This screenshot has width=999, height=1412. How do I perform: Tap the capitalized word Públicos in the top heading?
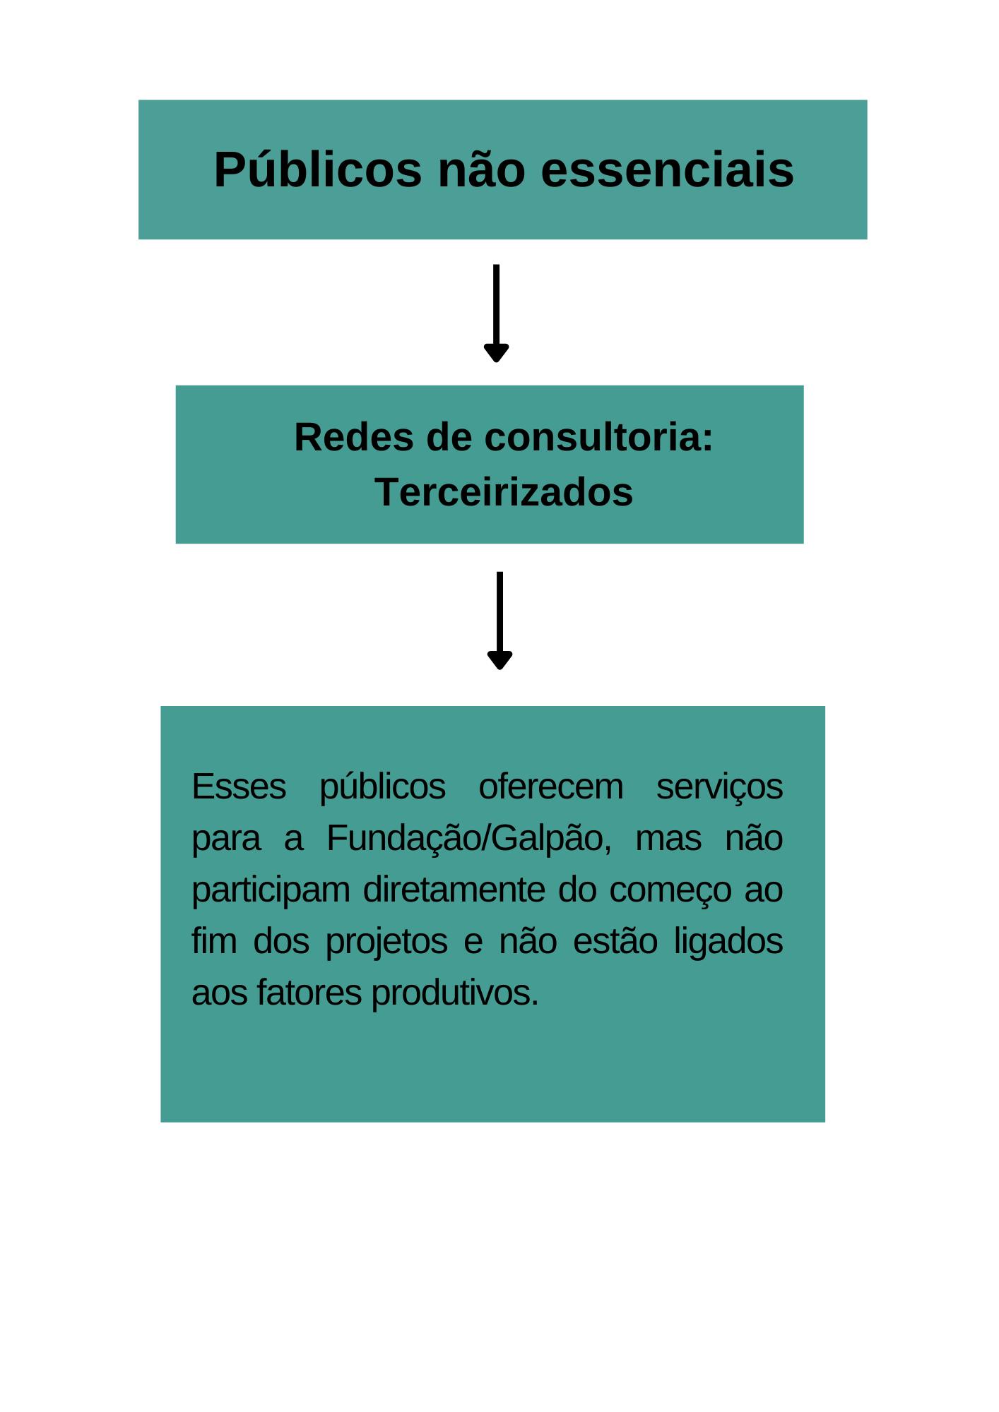318,170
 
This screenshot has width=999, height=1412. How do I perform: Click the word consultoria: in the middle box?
598,437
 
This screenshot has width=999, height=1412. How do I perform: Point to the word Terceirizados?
504,492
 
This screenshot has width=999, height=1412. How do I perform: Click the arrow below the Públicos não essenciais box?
497,313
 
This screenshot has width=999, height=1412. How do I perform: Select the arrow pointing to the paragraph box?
499,621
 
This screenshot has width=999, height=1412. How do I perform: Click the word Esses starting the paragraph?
239,786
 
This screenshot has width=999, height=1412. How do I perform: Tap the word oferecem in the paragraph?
550,786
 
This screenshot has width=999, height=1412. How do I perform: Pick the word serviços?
719,786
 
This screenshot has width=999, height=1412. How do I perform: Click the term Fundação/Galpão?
468,839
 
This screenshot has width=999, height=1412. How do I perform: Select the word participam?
271,890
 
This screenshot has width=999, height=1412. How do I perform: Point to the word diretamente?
454,890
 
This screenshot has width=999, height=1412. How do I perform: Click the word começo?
670,890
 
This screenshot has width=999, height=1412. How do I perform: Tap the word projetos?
386,942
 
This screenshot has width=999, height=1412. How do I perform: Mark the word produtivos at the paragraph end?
454,993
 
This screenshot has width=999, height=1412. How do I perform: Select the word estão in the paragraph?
615,942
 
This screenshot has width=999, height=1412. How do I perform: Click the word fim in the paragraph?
214,942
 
